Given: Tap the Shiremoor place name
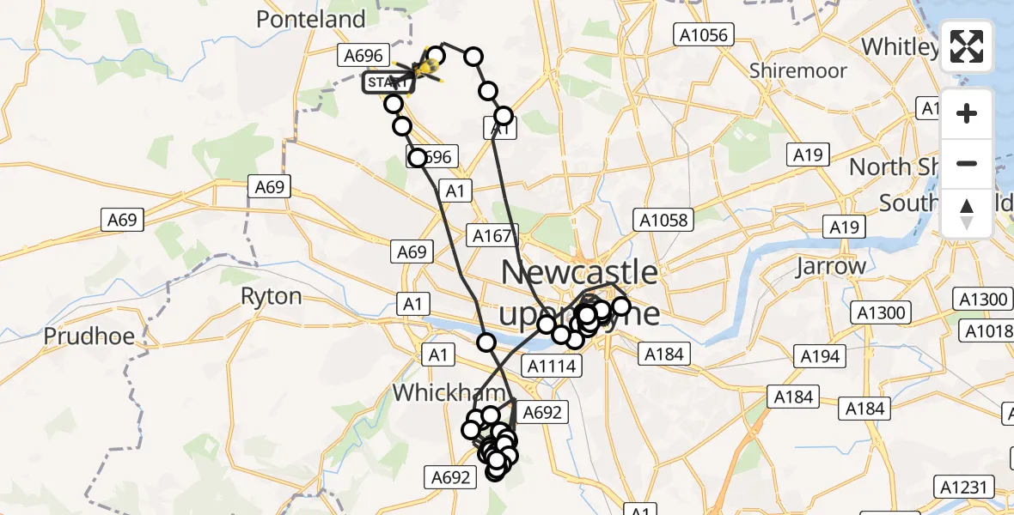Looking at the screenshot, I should click(x=797, y=70).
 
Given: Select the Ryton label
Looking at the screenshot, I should click(x=271, y=297).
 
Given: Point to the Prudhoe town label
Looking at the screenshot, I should click(x=90, y=335).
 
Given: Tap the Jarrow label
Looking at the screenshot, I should click(x=831, y=266).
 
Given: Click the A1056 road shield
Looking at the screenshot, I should click(x=703, y=35).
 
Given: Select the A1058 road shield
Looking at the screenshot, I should click(x=663, y=220).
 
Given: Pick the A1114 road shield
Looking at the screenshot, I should click(x=553, y=367).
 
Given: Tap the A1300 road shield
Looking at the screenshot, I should click(x=981, y=300).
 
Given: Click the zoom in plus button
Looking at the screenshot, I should click(x=967, y=114).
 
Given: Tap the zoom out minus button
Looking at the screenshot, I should click(x=967, y=163).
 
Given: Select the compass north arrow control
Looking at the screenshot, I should click(x=967, y=212).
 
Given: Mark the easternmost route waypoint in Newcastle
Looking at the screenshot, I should click(x=620, y=306).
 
